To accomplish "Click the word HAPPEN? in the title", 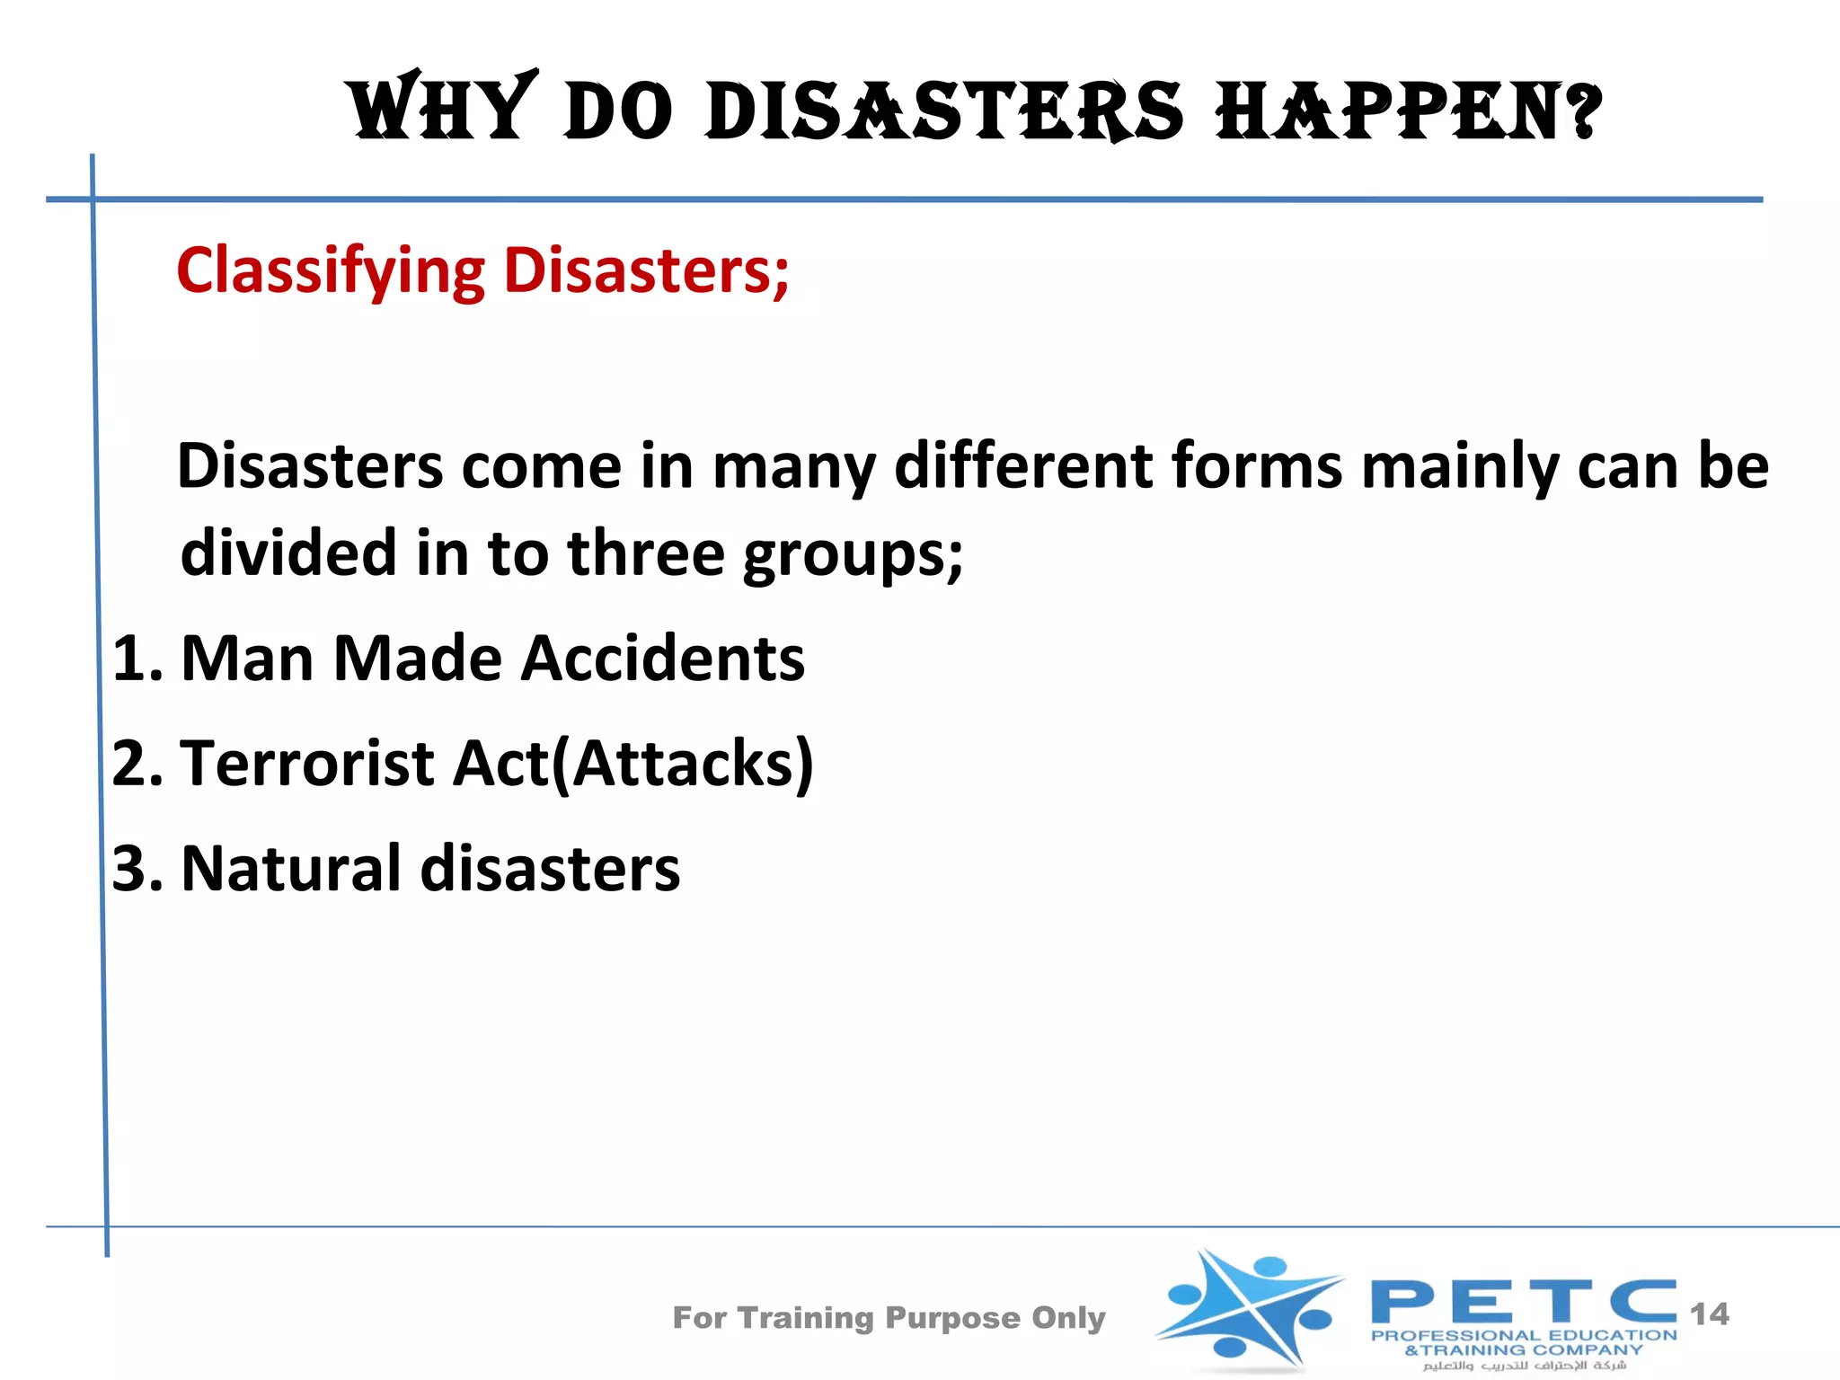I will click(x=1408, y=111).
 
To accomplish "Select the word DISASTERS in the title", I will click(x=944, y=111).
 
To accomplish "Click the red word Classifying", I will click(x=331, y=270).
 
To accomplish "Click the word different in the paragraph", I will click(x=1023, y=466).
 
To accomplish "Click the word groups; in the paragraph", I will click(x=853, y=554).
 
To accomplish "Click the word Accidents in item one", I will click(x=663, y=659).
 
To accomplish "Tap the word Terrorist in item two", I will click(x=307, y=764).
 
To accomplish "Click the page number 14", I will click(x=1709, y=1314).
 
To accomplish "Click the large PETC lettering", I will click(x=1523, y=1302).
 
